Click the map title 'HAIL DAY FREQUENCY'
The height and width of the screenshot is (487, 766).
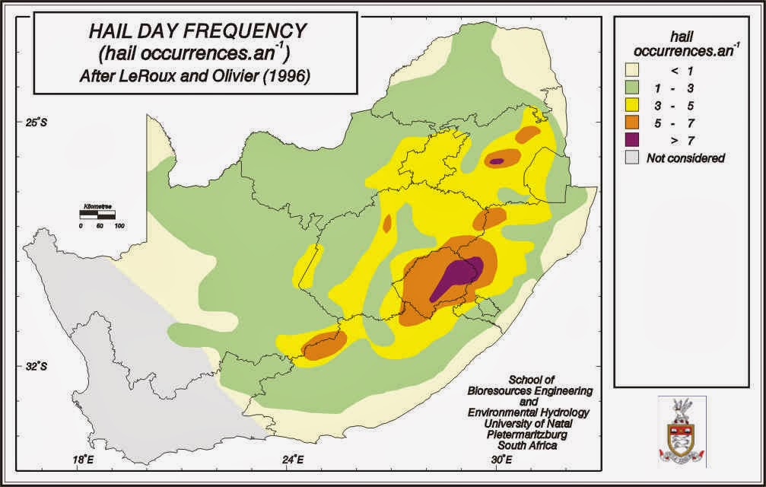point(197,31)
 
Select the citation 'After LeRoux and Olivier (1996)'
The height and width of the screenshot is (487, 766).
point(197,76)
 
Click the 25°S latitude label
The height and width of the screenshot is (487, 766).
point(33,123)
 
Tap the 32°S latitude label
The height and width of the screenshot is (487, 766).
point(33,367)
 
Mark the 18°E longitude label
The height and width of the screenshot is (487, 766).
point(83,460)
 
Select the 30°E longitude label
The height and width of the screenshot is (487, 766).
point(500,460)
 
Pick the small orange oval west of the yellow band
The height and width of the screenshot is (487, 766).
point(387,224)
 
